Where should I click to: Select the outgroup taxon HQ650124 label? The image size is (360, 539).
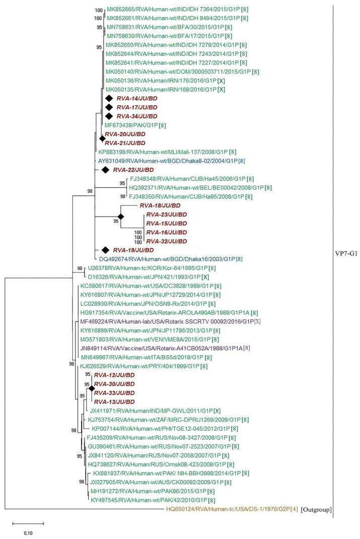pyautogui.click(x=231, y=509)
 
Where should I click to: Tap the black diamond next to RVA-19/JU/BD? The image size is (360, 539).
pyautogui.click(x=106, y=250)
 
